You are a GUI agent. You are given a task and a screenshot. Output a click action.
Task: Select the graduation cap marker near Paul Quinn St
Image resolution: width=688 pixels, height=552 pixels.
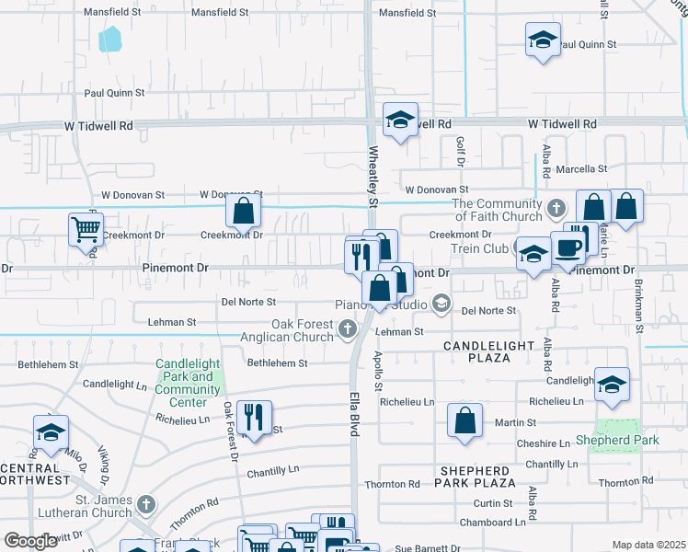click(x=543, y=41)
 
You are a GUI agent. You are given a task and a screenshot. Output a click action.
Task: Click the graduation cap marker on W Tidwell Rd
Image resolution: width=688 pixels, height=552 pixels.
click(x=400, y=120)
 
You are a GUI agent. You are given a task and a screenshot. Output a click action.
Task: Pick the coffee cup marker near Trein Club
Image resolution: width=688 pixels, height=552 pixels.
click(x=568, y=247)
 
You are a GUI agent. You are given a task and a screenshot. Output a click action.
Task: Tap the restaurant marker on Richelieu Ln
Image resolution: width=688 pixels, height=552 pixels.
click(x=254, y=418)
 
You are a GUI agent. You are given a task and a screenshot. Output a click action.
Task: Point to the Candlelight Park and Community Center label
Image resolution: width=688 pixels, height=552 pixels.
click(x=188, y=383)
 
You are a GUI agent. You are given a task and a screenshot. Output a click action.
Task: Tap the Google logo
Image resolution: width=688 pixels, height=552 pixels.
click(x=31, y=541)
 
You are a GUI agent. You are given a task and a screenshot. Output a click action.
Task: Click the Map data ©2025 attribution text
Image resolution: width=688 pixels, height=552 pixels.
click(x=648, y=545)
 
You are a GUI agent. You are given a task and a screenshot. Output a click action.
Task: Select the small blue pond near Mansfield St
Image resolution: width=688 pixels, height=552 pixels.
click(x=110, y=39)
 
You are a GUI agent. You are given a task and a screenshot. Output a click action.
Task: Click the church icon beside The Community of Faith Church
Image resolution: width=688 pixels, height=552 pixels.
click(x=555, y=209)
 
